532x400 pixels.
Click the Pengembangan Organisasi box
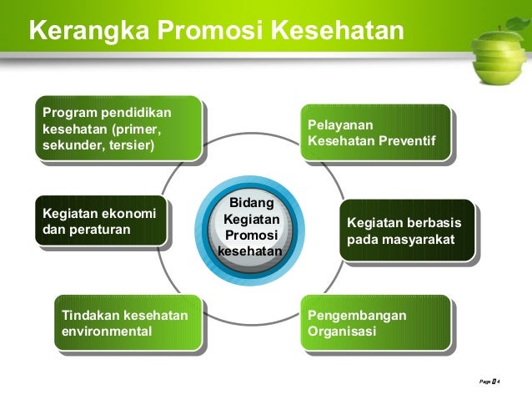point(376,323)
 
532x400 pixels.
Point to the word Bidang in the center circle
point(250,203)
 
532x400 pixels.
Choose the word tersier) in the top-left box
point(128,145)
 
